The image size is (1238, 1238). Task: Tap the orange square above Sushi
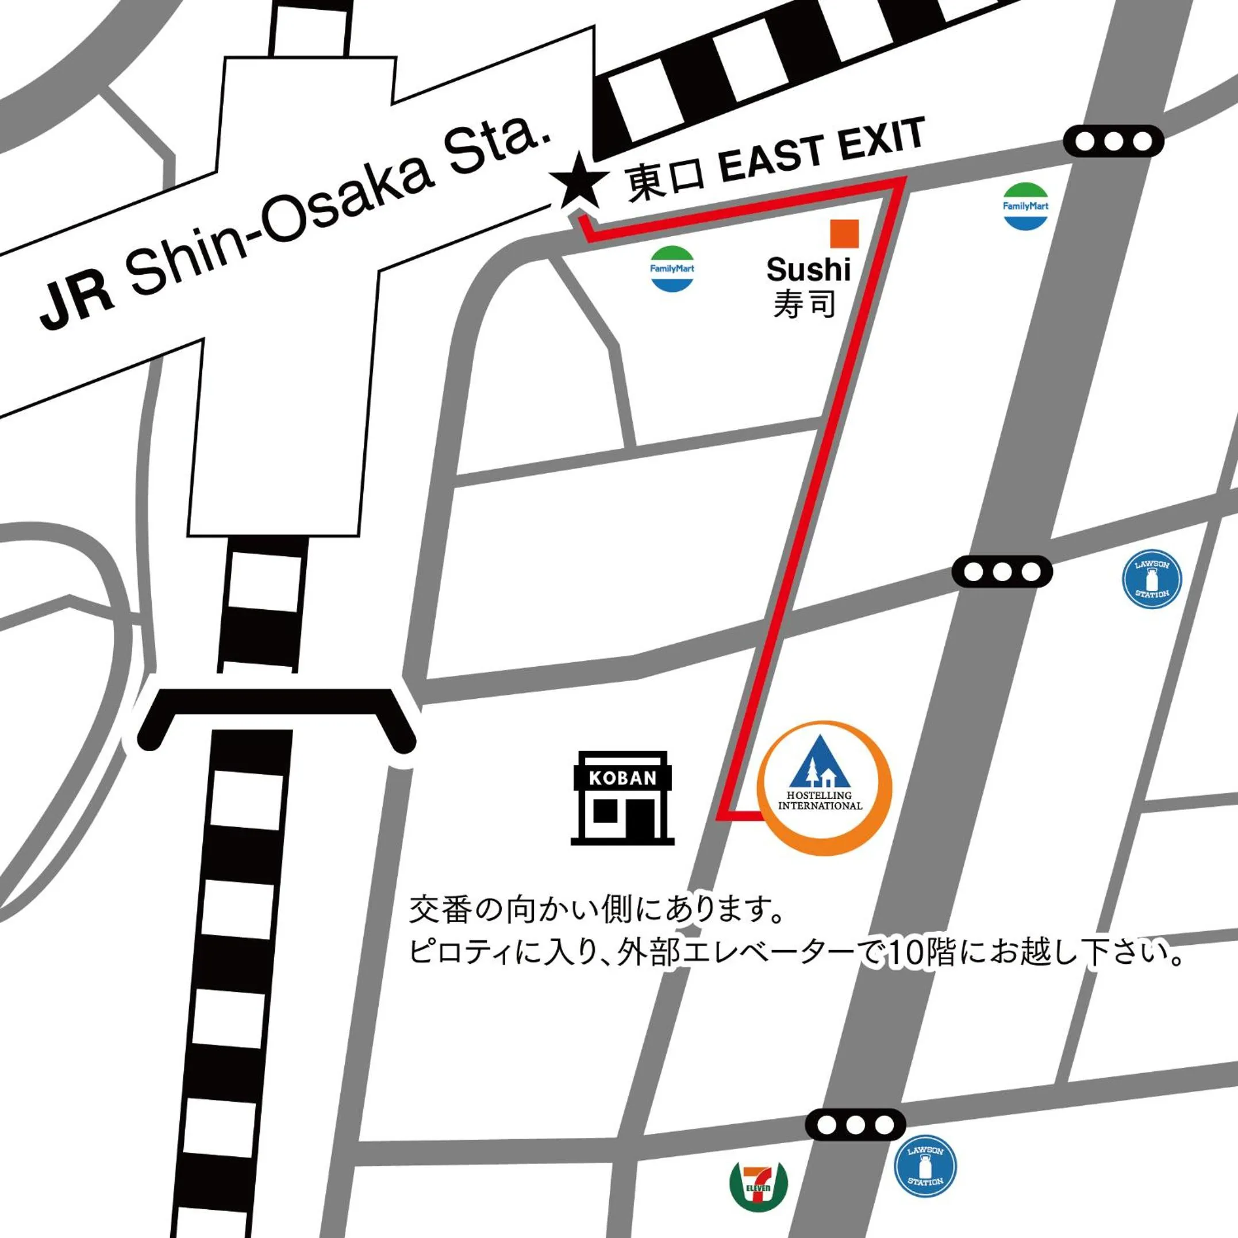point(844,233)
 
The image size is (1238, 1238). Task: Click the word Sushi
point(808,269)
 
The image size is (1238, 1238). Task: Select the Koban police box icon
point(622,798)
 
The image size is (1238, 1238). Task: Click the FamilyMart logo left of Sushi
point(672,269)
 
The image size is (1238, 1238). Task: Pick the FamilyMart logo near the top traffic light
point(1025,206)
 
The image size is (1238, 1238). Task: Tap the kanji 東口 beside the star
point(664,182)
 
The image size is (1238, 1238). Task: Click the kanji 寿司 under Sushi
point(804,303)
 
